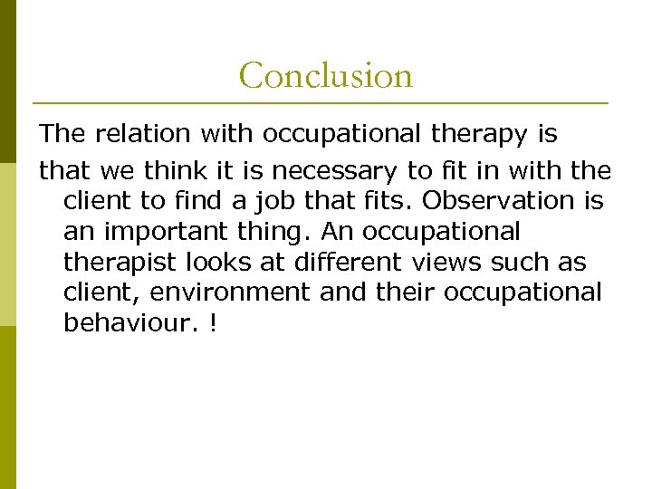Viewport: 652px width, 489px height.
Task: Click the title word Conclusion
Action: pyautogui.click(x=325, y=75)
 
